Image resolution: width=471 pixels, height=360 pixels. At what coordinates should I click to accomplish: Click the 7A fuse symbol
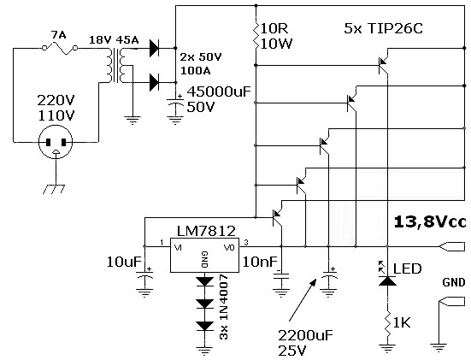click(60, 49)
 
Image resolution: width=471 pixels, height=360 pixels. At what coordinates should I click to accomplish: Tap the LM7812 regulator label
click(206, 231)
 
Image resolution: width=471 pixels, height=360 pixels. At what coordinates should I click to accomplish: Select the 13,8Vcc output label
click(430, 222)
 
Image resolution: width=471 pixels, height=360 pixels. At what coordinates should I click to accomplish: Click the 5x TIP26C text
click(383, 28)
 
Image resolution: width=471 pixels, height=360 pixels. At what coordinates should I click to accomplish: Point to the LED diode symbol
click(387, 280)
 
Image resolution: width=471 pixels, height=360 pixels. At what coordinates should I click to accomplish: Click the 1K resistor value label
click(402, 322)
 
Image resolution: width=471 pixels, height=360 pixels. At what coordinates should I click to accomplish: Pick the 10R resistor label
click(275, 28)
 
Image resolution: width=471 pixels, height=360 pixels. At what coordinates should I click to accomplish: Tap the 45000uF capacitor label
click(219, 91)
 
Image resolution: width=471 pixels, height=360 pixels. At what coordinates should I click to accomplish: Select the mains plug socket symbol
click(56, 142)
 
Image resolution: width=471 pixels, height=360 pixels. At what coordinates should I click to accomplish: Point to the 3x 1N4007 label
click(223, 307)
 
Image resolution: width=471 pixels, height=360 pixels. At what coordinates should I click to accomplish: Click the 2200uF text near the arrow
click(305, 335)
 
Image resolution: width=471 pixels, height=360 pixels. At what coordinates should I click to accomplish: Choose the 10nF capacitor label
click(260, 262)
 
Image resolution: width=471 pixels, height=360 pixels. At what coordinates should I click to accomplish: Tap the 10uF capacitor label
click(124, 262)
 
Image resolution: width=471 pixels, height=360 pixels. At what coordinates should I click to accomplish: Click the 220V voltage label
click(56, 100)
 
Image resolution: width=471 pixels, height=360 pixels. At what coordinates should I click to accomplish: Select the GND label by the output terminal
click(454, 282)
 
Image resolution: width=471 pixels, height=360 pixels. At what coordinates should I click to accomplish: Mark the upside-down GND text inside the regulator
click(205, 260)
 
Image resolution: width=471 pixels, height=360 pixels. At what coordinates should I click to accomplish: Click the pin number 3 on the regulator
click(246, 243)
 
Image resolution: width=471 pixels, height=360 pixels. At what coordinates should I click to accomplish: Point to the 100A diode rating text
click(195, 71)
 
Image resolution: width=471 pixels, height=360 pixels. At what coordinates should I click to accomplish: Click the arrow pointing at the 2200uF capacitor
click(303, 299)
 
